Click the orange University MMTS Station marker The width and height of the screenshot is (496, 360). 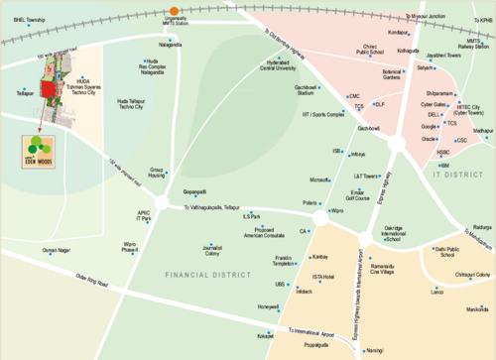tap(175, 11)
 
